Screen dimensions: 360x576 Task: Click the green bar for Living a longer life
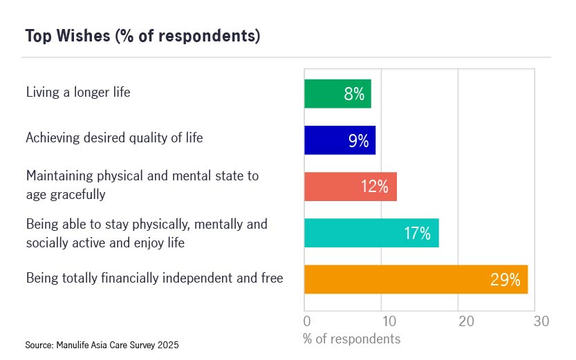coord(337,94)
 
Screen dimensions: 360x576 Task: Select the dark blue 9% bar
coord(339,140)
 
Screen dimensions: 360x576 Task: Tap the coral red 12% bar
coord(350,187)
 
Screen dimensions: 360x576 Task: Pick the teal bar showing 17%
coord(371,233)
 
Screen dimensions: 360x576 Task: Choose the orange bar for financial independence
coord(415,279)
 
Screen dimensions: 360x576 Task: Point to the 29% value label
coord(505,280)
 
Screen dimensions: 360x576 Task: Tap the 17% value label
coord(417,234)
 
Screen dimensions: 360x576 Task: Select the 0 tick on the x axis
coord(307,321)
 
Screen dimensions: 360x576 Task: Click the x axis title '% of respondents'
coord(351,339)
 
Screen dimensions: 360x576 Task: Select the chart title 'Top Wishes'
coord(142,36)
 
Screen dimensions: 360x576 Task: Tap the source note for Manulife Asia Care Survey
coord(102,344)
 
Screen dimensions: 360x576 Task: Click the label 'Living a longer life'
coord(78,92)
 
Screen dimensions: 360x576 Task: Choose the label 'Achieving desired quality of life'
coord(114,138)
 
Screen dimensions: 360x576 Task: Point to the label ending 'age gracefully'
coord(66,194)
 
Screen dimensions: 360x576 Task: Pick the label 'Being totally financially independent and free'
coord(154,278)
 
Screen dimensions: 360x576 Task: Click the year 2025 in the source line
coord(168,344)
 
